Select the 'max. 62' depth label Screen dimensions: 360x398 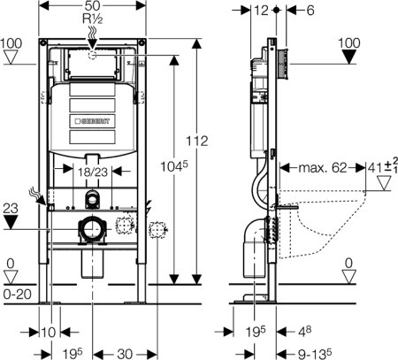(324, 165)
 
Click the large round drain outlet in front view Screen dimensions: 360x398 (89, 230)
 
